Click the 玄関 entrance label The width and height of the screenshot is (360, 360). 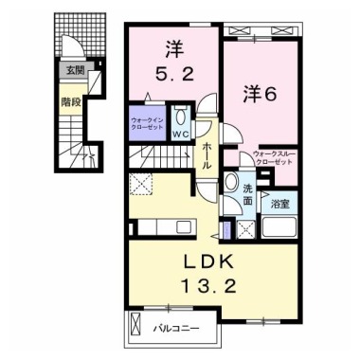(x=73, y=69)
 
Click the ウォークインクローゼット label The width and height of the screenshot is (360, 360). (x=147, y=124)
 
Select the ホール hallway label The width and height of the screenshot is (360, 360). (x=206, y=152)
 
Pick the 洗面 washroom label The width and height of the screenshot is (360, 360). (x=246, y=194)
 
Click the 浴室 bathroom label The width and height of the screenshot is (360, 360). (x=279, y=201)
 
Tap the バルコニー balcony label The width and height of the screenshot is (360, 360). (x=176, y=331)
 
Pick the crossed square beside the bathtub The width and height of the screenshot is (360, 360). (x=243, y=227)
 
